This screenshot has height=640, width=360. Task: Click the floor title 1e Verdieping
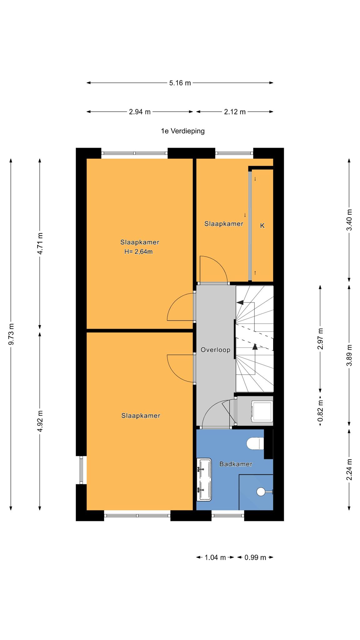click(183, 131)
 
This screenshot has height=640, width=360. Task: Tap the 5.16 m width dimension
click(180, 83)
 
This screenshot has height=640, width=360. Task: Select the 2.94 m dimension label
click(140, 112)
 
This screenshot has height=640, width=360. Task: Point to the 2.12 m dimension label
click(235, 112)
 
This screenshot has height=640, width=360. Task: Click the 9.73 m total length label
click(11, 334)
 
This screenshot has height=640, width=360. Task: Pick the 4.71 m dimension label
click(40, 243)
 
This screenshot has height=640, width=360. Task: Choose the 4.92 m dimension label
click(40, 421)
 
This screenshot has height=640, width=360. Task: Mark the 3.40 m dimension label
click(349, 220)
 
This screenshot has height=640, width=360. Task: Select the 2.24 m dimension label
click(349, 469)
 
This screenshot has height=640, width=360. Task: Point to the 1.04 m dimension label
click(215, 557)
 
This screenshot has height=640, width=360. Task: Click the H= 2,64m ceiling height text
click(138, 252)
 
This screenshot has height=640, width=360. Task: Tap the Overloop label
click(215, 350)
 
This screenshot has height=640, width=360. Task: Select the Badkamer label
click(236, 464)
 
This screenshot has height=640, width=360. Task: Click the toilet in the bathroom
click(255, 443)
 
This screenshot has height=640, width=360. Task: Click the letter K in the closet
click(262, 226)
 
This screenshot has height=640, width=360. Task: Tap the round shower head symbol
click(261, 492)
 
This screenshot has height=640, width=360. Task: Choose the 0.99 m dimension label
click(255, 557)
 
